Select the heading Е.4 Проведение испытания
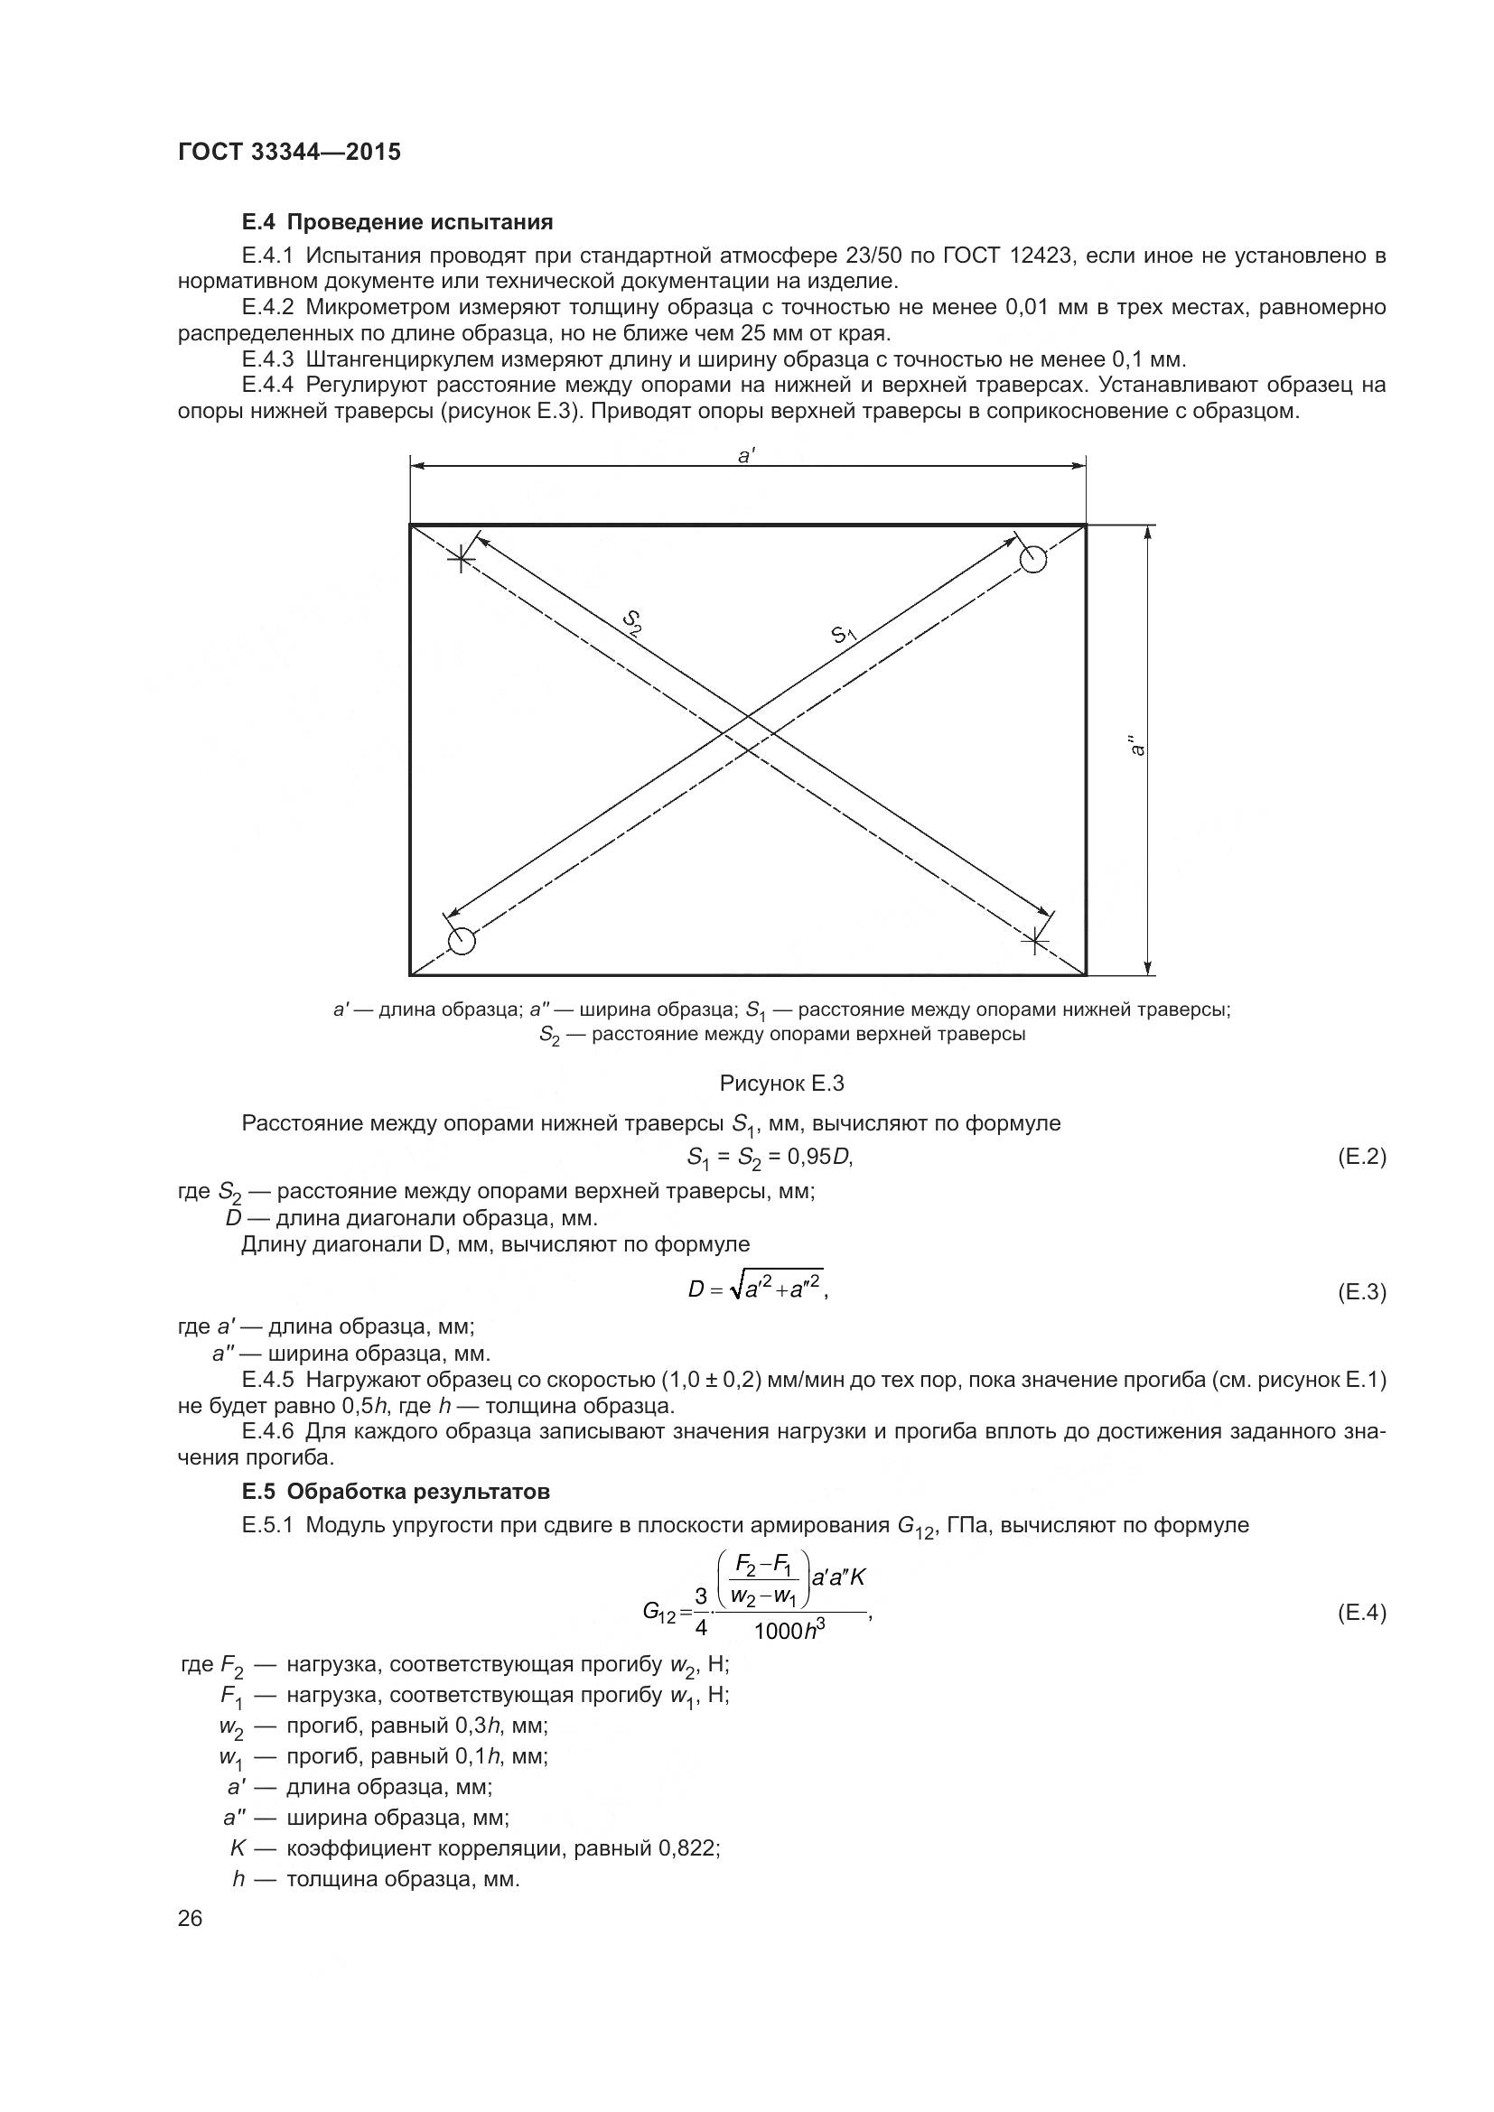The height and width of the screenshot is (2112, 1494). pyautogui.click(x=397, y=222)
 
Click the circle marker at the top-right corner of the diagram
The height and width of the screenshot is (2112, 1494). pyautogui.click(x=1033, y=559)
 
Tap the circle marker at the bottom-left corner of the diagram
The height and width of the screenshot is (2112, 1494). pyautogui.click(x=461, y=941)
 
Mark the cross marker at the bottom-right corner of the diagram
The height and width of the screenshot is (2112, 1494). pyautogui.click(x=1035, y=940)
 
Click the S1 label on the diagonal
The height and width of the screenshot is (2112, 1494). pyautogui.click(x=844, y=635)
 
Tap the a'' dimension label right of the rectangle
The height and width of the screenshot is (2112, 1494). pyautogui.click(x=1138, y=745)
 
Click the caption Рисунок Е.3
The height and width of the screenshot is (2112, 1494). pyautogui.click(x=781, y=1084)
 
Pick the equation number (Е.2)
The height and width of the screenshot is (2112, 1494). pyautogui.click(x=1360, y=1157)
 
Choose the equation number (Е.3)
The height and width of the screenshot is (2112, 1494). pyautogui.click(x=1360, y=1292)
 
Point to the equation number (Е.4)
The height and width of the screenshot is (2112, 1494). pyautogui.click(x=1360, y=1613)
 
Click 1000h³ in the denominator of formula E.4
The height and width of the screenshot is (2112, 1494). pyautogui.click(x=789, y=1631)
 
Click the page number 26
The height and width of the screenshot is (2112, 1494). pyautogui.click(x=191, y=1918)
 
